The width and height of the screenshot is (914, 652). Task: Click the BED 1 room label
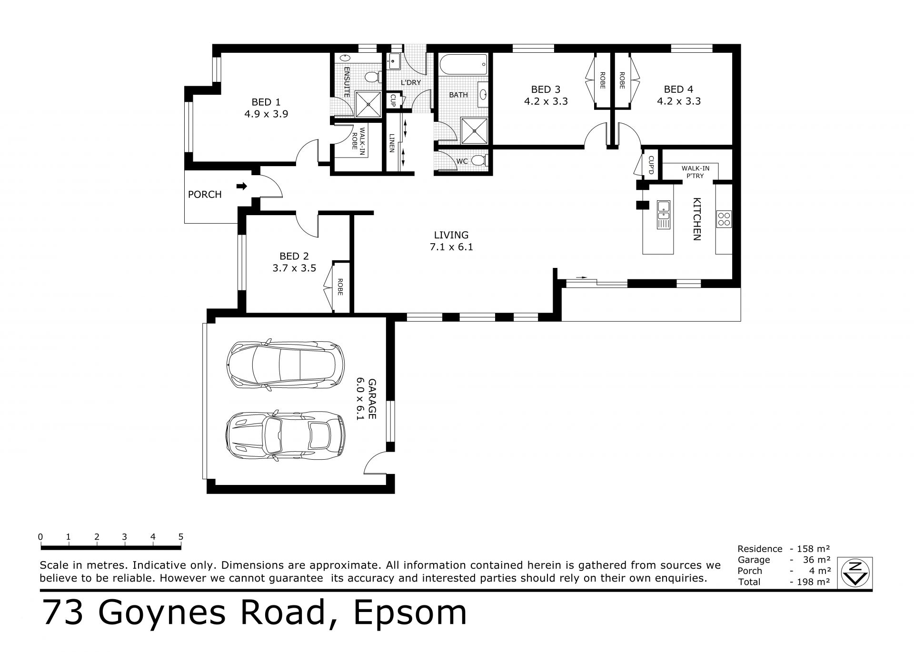(266, 102)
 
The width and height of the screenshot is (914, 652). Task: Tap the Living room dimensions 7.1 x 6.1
(451, 247)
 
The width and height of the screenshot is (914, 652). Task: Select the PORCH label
(205, 194)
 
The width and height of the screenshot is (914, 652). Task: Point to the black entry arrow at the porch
(242, 186)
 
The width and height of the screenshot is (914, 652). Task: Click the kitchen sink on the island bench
(663, 215)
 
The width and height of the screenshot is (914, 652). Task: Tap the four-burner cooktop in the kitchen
(724, 219)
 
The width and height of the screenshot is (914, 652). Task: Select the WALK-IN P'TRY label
(695, 172)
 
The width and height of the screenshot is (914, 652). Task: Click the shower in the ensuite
(368, 103)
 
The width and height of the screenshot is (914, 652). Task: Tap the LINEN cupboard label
(392, 142)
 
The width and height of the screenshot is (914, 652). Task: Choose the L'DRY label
(411, 82)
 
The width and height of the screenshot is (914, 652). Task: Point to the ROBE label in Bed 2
(340, 287)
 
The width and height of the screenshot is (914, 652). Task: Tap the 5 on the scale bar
(181, 536)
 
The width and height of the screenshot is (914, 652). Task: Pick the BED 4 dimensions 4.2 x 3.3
(679, 101)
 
